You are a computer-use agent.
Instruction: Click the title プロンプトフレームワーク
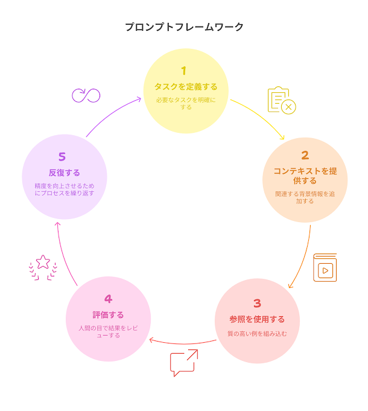click(x=184, y=27)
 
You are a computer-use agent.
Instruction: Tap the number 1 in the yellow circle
click(x=184, y=71)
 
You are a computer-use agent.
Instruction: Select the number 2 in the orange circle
click(x=305, y=155)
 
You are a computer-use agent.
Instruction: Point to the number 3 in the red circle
click(x=257, y=304)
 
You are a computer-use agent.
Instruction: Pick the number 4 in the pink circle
click(x=108, y=299)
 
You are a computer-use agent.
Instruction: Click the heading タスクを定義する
click(x=185, y=87)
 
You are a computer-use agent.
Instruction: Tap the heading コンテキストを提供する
click(x=305, y=176)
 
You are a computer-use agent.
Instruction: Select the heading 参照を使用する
click(x=257, y=319)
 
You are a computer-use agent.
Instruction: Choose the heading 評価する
click(x=108, y=314)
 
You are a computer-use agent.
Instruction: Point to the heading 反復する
click(x=64, y=173)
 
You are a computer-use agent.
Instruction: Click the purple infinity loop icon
click(x=86, y=95)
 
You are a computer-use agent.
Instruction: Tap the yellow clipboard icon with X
click(x=281, y=100)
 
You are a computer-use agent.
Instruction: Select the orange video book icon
click(x=325, y=268)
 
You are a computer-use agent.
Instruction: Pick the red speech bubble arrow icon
click(x=184, y=363)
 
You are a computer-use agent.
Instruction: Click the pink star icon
click(x=43, y=266)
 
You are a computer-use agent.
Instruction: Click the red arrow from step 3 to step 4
click(x=182, y=344)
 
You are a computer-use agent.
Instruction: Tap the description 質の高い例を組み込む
click(x=257, y=333)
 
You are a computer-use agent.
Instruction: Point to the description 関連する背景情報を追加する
click(x=305, y=198)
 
